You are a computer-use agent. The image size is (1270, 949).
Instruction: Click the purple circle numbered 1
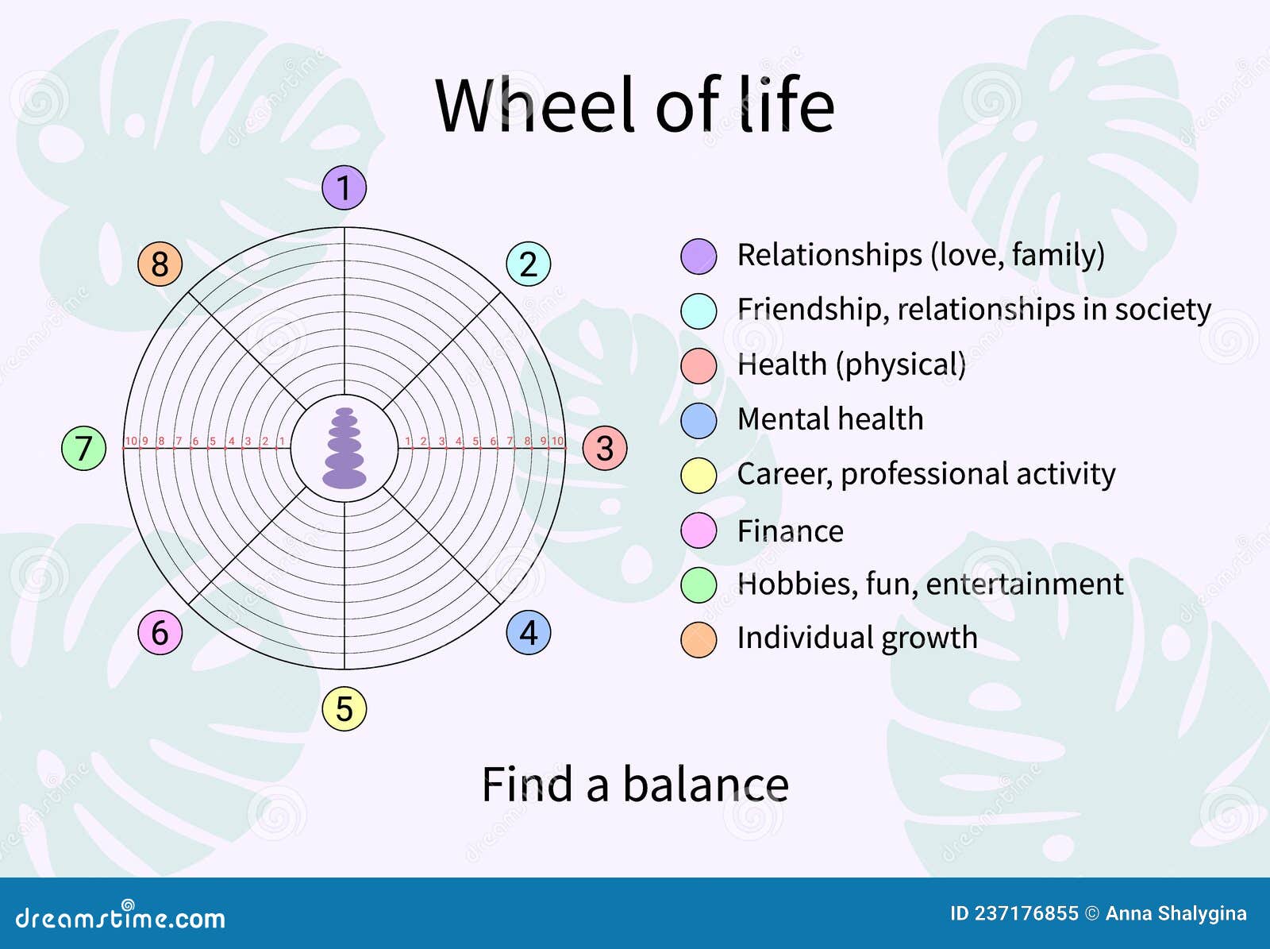344,187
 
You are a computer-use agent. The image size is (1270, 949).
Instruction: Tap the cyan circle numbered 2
529,264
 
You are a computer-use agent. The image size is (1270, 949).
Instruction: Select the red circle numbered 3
605,449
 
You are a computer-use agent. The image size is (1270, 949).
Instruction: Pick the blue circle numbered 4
529,632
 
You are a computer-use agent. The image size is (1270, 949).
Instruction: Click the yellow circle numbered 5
344,709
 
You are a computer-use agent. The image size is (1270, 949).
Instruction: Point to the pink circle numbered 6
160,632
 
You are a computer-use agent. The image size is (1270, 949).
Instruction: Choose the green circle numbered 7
84,449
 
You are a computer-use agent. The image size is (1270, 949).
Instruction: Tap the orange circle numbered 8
160,264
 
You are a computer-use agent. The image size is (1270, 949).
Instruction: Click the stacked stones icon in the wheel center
344,449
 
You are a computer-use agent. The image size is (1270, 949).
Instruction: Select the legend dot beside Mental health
698,421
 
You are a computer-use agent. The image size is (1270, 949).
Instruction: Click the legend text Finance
791,531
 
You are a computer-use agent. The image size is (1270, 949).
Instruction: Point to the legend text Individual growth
857,638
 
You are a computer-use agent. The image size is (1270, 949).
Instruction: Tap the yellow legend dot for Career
698,476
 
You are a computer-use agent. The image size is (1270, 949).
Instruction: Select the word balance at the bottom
706,785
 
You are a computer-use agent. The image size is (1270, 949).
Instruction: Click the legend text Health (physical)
852,365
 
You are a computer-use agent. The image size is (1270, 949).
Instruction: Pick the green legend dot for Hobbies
698,585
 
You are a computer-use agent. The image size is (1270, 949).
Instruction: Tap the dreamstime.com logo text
121,916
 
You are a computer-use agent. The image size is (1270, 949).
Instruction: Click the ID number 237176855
1026,914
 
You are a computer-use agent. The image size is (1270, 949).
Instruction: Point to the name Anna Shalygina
1176,914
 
